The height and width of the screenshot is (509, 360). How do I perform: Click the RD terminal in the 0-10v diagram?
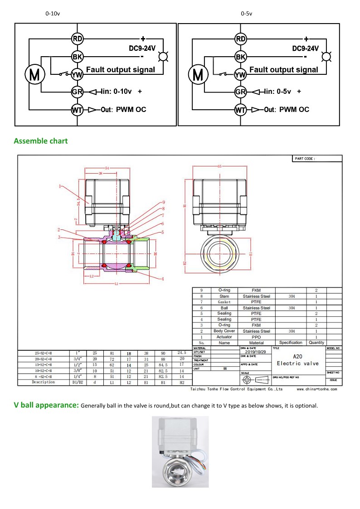77,39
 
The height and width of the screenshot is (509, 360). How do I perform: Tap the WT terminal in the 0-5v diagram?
240,110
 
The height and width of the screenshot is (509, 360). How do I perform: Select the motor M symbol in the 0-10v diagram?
34,74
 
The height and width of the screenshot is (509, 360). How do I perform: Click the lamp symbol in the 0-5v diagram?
326,57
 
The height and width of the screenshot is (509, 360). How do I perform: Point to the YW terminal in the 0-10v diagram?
77,74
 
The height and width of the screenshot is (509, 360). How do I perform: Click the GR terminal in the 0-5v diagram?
240,92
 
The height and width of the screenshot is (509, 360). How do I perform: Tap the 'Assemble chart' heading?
41,141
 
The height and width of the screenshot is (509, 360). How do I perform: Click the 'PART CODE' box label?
305,159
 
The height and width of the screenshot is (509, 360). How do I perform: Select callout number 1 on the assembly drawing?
59,186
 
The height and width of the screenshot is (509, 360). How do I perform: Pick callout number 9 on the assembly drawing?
163,202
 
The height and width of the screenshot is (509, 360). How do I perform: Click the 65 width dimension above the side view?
219,166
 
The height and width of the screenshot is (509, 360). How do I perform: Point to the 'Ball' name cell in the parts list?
224,308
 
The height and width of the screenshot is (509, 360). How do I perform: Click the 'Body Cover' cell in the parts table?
224,331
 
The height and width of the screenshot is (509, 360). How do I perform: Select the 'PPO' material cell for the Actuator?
256,337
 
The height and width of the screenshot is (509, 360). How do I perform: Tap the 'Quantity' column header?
316,343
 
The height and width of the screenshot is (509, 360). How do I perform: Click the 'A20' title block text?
298,356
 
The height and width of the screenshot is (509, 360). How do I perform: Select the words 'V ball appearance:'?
46,405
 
